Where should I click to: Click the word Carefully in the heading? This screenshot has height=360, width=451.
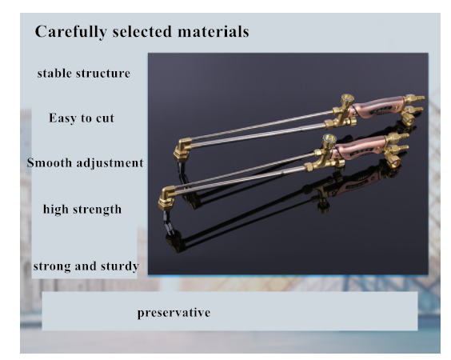tap(70, 32)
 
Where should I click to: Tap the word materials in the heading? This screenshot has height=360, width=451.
tap(214, 31)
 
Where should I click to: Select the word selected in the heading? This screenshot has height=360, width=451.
tap(142, 31)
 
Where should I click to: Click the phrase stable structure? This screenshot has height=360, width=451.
tap(84, 74)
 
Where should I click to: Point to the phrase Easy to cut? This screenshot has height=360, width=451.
tap(82, 118)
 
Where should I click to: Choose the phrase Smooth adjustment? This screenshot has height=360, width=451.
tap(85, 163)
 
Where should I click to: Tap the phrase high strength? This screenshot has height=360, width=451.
tap(82, 210)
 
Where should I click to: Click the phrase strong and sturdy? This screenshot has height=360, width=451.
tap(86, 266)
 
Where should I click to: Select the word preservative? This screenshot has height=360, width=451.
tap(174, 313)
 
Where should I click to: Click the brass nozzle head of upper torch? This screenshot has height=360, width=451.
tap(182, 149)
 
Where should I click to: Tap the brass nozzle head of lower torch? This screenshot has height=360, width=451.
tap(167, 198)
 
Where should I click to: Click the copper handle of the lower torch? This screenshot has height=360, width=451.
tap(359, 148)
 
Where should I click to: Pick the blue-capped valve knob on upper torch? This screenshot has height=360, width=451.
tap(347, 99)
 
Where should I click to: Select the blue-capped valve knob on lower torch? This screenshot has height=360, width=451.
tap(329, 139)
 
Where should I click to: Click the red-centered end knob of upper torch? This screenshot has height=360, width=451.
tap(408, 119)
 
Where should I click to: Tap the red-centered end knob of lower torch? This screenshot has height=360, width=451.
tap(393, 162)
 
